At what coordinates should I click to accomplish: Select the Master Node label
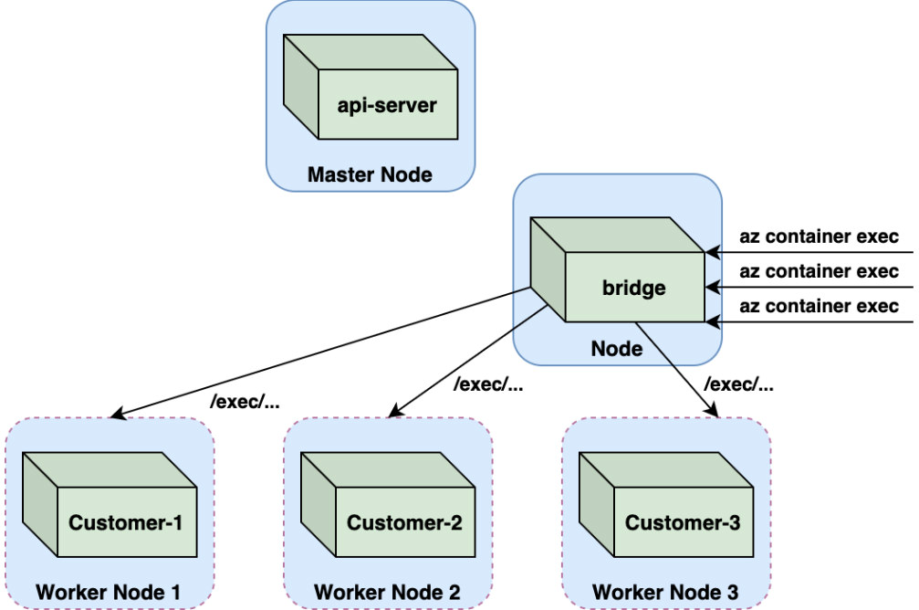(370, 174)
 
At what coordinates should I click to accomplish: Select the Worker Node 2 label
(387, 592)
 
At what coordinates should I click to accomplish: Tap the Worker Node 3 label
(665, 592)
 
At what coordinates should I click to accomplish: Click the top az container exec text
(819, 237)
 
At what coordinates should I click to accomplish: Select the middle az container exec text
(819, 271)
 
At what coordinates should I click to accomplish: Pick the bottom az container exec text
(819, 306)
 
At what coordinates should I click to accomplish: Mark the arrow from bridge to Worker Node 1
(319, 353)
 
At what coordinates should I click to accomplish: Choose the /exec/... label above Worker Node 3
(741, 384)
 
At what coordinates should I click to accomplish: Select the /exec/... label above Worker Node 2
(488, 384)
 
